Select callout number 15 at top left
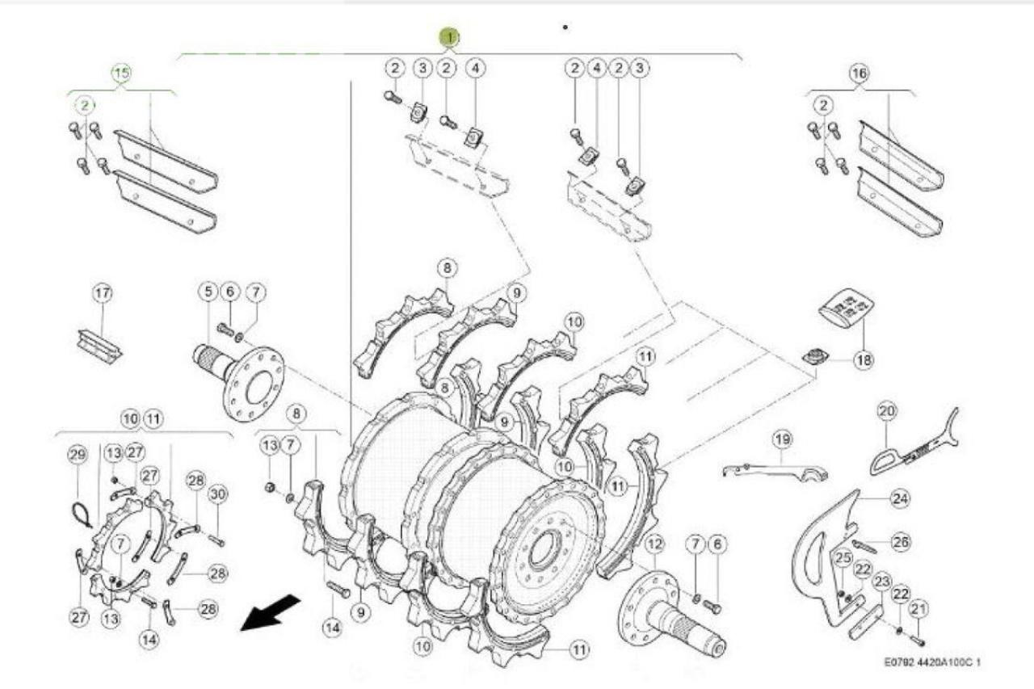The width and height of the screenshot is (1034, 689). tap(120, 74)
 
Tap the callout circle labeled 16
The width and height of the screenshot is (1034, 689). tap(859, 74)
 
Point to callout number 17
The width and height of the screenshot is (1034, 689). tap(103, 294)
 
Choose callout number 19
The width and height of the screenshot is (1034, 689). tap(781, 439)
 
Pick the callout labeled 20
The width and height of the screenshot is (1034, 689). tap(888, 412)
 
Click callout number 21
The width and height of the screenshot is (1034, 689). tap(918, 608)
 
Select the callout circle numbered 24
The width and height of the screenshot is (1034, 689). tap(900, 499)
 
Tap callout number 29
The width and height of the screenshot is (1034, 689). tap(78, 456)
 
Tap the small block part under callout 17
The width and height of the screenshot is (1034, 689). tap(98, 345)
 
